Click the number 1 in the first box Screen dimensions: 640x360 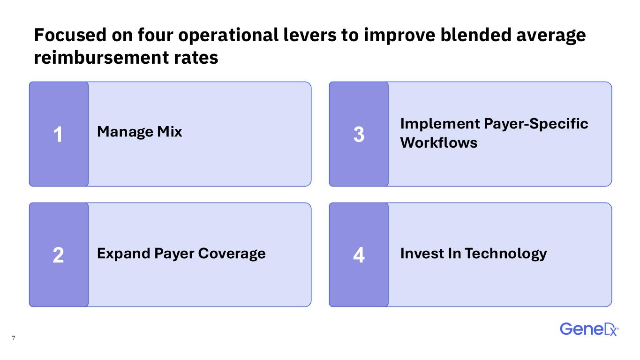coord(58,134)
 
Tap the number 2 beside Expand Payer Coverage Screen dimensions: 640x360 coord(58,255)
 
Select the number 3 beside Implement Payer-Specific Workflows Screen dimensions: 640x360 coord(359,134)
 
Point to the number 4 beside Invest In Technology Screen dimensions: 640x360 coord(359,255)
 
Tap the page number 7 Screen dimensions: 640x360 coord(14,338)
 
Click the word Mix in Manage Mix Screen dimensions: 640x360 coord(169,132)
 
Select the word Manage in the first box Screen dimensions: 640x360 coord(126,132)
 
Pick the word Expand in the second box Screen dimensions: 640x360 coord(124,254)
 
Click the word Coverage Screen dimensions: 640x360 coord(232,254)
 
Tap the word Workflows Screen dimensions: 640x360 coord(438,142)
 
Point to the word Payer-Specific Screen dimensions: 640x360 coord(536,124)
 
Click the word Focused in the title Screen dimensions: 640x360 coord(70,35)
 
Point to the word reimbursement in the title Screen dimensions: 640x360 coord(101,58)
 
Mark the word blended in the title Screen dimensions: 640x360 coord(476,35)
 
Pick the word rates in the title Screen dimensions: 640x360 coord(196,58)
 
